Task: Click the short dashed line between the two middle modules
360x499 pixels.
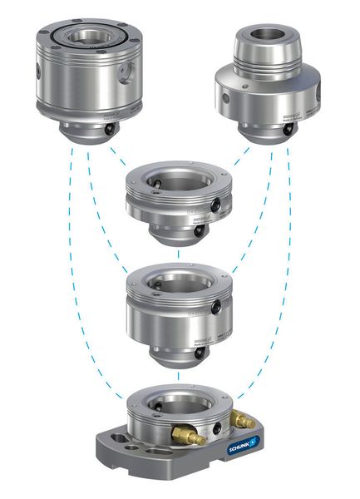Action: [178, 256]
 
